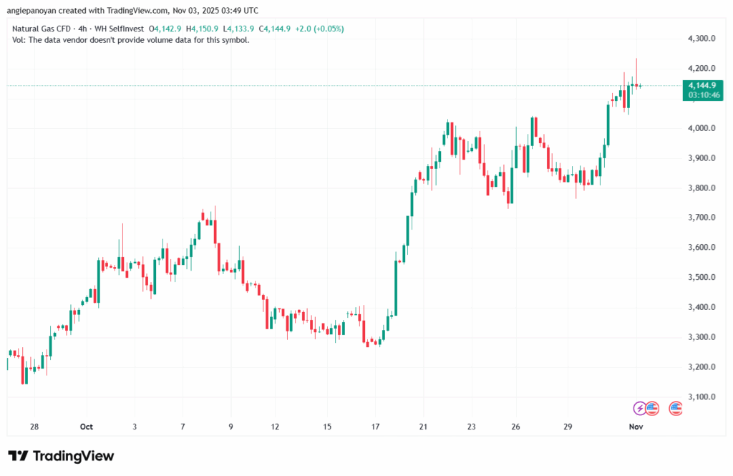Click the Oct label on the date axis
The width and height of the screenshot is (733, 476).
(x=87, y=427)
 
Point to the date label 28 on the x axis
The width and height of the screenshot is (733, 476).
(x=34, y=427)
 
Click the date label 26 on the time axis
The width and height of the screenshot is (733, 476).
(x=516, y=427)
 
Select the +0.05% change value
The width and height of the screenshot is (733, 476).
(x=329, y=29)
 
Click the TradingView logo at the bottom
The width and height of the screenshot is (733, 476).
(x=61, y=456)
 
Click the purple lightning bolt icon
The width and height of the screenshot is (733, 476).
(x=639, y=408)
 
